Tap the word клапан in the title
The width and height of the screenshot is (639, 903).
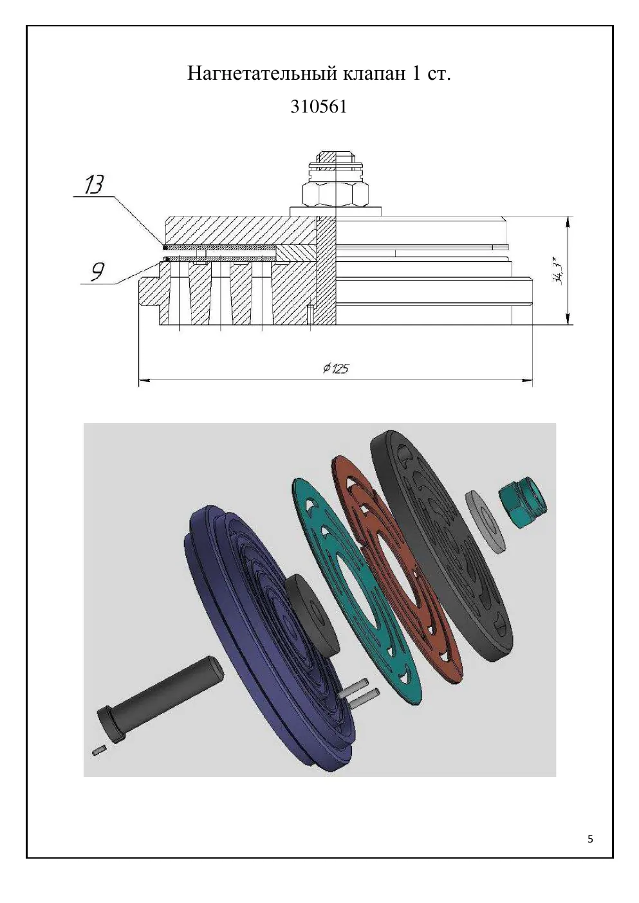(374, 74)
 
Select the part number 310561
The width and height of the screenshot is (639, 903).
(319, 107)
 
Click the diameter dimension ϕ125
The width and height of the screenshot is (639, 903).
(336, 368)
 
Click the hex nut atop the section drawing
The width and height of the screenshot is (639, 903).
(335, 195)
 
